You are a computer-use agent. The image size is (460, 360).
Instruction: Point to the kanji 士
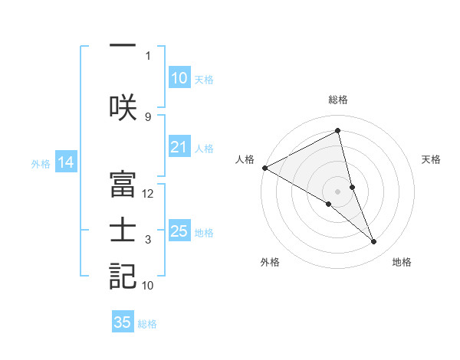pos(123,231)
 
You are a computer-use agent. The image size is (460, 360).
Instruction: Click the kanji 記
pos(123,277)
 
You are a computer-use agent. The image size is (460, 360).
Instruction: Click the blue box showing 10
pos(179,78)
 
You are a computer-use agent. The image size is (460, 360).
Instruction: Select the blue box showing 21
pos(179,147)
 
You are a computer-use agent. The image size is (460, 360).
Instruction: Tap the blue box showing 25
pos(179,231)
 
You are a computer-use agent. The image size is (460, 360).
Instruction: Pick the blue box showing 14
pos(66,162)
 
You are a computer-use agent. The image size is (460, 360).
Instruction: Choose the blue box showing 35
pos(123,322)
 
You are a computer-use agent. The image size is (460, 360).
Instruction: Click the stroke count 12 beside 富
pos(148,194)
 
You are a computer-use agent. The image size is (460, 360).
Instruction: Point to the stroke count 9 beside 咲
pos(148,116)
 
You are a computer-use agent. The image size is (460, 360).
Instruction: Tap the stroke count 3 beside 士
pos(148,240)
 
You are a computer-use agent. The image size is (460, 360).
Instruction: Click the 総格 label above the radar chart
pos(337,100)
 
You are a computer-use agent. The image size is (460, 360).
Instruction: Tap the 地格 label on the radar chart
pos(402,262)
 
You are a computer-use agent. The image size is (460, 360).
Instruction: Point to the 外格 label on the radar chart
pos(270,262)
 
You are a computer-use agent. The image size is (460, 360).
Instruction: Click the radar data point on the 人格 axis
pos(264,168)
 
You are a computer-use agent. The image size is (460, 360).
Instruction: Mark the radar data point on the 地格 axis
pos(374,242)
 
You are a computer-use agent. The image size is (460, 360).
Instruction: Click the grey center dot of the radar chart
pos(337,191)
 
